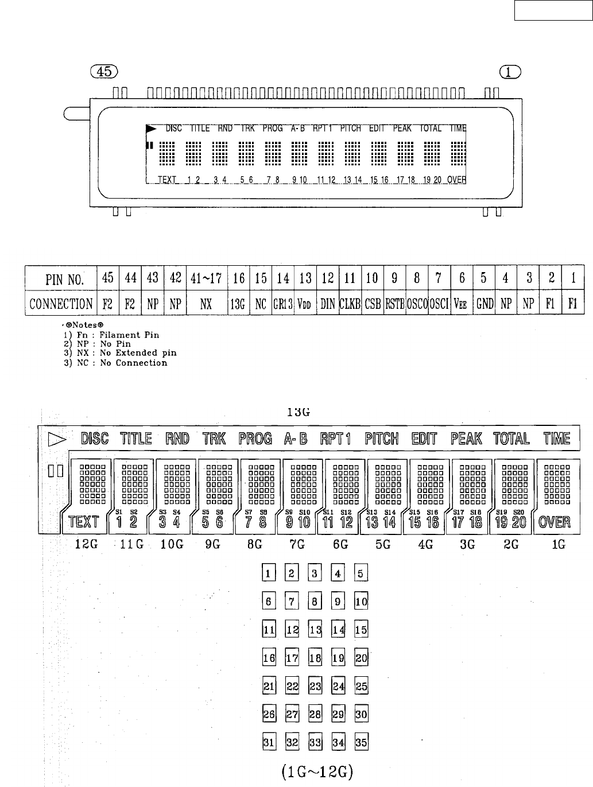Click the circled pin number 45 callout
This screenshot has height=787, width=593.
pos(104,71)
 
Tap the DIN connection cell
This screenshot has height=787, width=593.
pos(328,304)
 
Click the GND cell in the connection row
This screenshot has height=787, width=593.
pos(485,304)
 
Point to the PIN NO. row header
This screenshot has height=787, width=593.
pos(61,280)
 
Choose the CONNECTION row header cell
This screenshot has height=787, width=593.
pos(61,304)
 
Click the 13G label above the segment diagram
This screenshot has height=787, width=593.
pos(299,412)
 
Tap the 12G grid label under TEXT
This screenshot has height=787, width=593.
pos(86,545)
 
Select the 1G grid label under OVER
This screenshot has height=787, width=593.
pos(558,545)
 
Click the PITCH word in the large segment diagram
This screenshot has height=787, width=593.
pos(382,439)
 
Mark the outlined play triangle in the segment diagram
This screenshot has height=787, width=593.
pos(57,440)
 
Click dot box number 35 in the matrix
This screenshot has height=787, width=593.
pos(361,742)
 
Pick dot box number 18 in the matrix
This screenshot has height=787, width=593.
pos(315,658)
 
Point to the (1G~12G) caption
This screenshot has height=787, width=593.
pos(317,773)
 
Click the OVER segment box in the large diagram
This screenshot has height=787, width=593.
pos(555,522)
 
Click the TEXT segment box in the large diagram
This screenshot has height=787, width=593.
pos(84,522)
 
